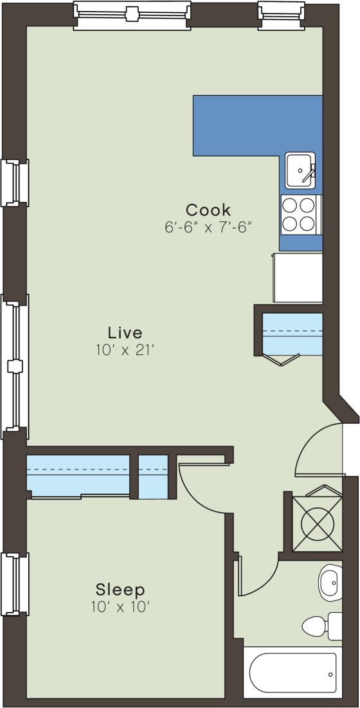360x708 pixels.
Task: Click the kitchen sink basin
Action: click(299, 170)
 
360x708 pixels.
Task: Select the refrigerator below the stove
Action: click(297, 277)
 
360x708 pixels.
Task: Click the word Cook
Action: click(208, 210)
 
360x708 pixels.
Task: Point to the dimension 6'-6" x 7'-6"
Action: click(208, 227)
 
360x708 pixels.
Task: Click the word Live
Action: click(125, 333)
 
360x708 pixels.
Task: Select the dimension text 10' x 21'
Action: click(125, 350)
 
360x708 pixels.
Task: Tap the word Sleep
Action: click(120, 589)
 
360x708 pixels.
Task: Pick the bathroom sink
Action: click(330, 582)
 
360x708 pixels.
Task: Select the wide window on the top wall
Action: click(132, 14)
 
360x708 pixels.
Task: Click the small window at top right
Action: click(281, 13)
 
